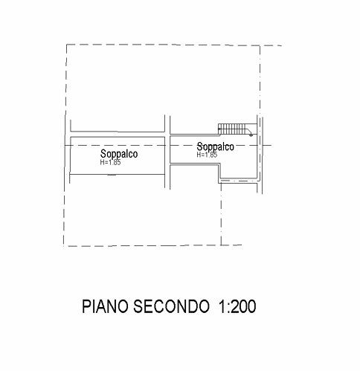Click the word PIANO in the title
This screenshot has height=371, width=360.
(106, 306)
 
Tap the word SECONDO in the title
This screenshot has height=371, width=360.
(171, 306)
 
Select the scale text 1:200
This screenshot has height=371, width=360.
(237, 306)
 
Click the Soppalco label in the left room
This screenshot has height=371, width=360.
(119, 154)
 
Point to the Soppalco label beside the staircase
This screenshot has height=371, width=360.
(215, 146)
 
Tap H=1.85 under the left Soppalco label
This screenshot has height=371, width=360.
(110, 163)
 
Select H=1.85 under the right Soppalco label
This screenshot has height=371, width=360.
(207, 155)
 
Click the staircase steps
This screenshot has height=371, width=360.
(233, 129)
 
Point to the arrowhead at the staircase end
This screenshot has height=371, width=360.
(251, 135)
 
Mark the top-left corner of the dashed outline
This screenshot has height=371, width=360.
(66, 45)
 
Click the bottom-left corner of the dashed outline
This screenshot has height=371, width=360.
(64, 246)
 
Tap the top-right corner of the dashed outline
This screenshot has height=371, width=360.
(260, 45)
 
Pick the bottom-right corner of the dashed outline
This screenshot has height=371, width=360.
(221, 245)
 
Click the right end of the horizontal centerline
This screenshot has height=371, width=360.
(271, 145)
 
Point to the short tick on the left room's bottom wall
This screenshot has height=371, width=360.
(112, 175)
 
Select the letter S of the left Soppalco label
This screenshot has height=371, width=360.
(103, 153)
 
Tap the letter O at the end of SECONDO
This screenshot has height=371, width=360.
(204, 306)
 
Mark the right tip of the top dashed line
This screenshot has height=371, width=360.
(282, 45)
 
